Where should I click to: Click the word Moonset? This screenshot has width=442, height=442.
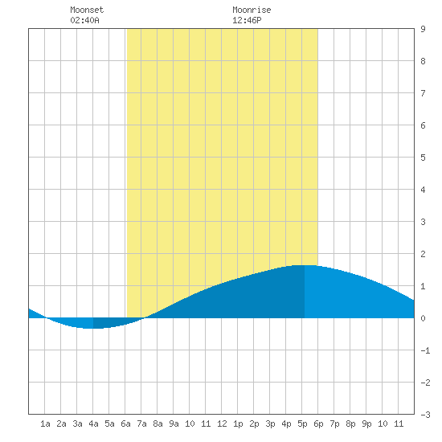coord(87,10)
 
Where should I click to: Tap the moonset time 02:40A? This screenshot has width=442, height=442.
coord(84,20)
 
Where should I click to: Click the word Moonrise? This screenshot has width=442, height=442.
coord(252,10)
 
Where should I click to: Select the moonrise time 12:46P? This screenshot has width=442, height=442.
coord(247,20)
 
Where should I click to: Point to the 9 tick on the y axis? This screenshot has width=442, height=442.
coord(423,29)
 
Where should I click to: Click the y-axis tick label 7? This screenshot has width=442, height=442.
coord(423,93)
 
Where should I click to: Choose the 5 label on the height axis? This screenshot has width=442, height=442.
coord(423,158)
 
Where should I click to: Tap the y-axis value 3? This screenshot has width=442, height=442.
coord(423,222)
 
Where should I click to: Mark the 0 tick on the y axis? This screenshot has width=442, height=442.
coord(423,318)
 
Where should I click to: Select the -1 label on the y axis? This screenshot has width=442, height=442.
coord(425,350)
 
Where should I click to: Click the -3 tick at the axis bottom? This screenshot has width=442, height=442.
coord(425,415)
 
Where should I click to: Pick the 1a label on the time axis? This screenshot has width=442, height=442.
coord(45,424)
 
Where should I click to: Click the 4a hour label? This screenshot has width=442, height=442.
coord(93,424)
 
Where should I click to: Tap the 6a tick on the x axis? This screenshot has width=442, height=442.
coord(125,424)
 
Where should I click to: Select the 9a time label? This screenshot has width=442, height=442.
coord(174,424)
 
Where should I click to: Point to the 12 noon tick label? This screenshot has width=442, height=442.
coord(222,424)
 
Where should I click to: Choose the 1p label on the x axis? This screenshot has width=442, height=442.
coord(238,424)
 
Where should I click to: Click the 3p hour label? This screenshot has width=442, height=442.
coord(270,424)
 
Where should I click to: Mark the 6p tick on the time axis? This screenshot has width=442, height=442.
coord(318,424)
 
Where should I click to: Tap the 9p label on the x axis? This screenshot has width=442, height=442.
coord(366,424)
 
